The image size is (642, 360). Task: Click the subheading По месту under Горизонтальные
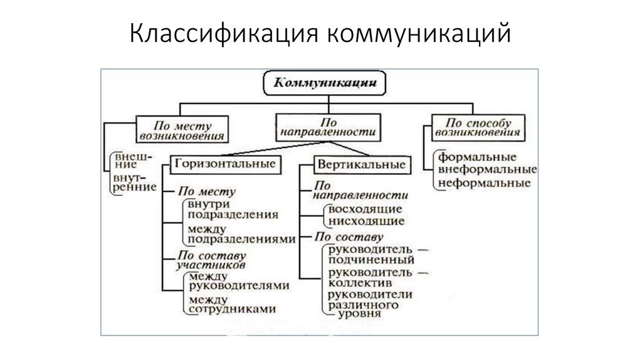206,191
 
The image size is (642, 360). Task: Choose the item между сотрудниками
232,304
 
